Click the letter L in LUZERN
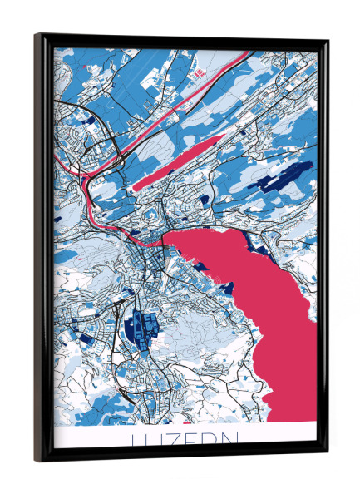tap(136, 438)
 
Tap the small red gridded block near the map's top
tap(199, 74)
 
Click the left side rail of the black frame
tap(41, 249)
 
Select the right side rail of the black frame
tap(323, 249)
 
